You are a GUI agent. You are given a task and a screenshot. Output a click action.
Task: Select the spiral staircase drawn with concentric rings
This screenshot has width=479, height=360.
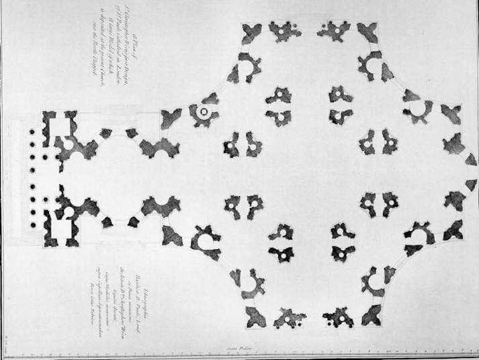[x=203, y=112]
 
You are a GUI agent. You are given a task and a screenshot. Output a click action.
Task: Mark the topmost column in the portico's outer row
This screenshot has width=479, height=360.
[x=32, y=131]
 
